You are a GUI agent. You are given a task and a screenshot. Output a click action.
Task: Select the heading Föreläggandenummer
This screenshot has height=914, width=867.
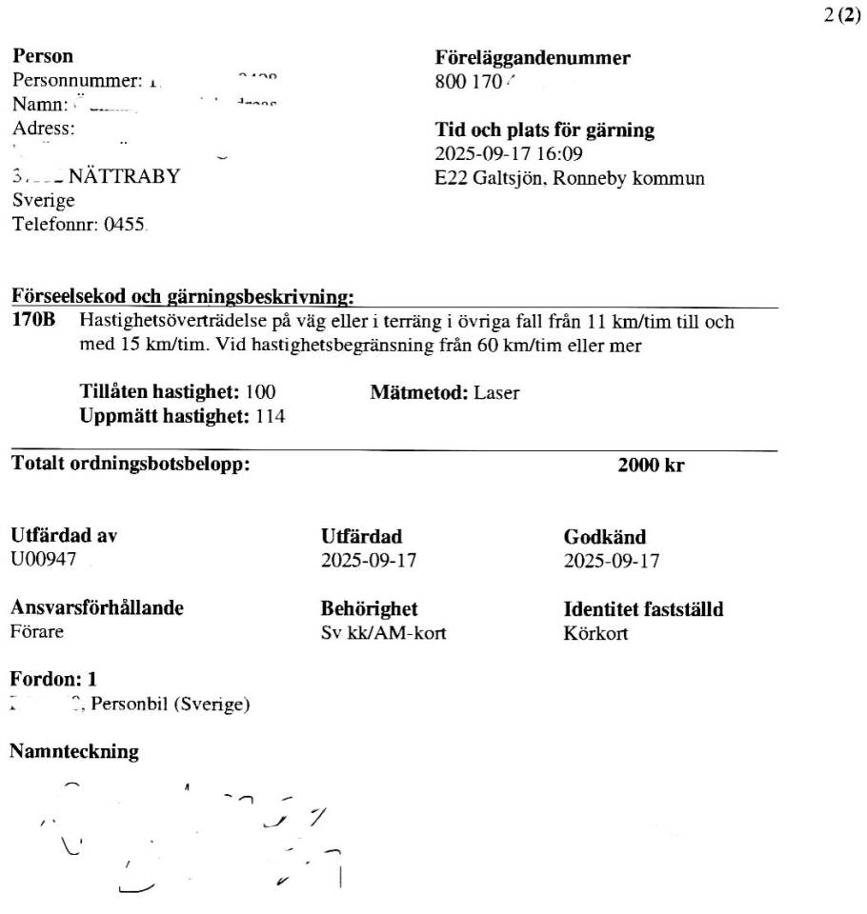(533, 58)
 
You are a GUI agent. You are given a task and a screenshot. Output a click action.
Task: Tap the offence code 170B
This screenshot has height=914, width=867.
(33, 323)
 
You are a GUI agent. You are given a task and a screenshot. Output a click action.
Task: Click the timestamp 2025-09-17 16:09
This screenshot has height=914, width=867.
(509, 154)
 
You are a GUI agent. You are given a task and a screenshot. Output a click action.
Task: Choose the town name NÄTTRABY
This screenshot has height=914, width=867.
(124, 177)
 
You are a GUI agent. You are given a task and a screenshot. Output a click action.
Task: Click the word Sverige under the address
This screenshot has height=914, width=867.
(43, 201)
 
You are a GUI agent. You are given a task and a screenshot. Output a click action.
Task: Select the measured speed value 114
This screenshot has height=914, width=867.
(271, 416)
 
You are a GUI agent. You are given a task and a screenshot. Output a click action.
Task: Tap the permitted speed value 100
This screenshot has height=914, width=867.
(261, 392)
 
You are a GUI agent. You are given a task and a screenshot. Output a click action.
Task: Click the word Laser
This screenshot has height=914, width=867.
(496, 392)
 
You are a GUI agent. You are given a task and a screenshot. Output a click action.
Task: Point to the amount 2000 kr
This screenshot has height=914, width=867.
(651, 467)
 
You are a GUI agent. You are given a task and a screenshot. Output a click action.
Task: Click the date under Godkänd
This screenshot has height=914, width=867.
(612, 561)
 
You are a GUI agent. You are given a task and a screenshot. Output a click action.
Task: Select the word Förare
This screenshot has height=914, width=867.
(37, 632)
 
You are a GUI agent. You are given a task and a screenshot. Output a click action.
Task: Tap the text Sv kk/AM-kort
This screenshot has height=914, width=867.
(384, 632)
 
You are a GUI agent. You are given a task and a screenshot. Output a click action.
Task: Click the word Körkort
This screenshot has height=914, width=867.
(596, 632)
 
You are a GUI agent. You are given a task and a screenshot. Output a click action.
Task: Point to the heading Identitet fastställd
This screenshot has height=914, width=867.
(643, 609)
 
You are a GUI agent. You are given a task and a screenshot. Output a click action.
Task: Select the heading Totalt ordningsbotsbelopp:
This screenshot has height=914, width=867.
(131, 466)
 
